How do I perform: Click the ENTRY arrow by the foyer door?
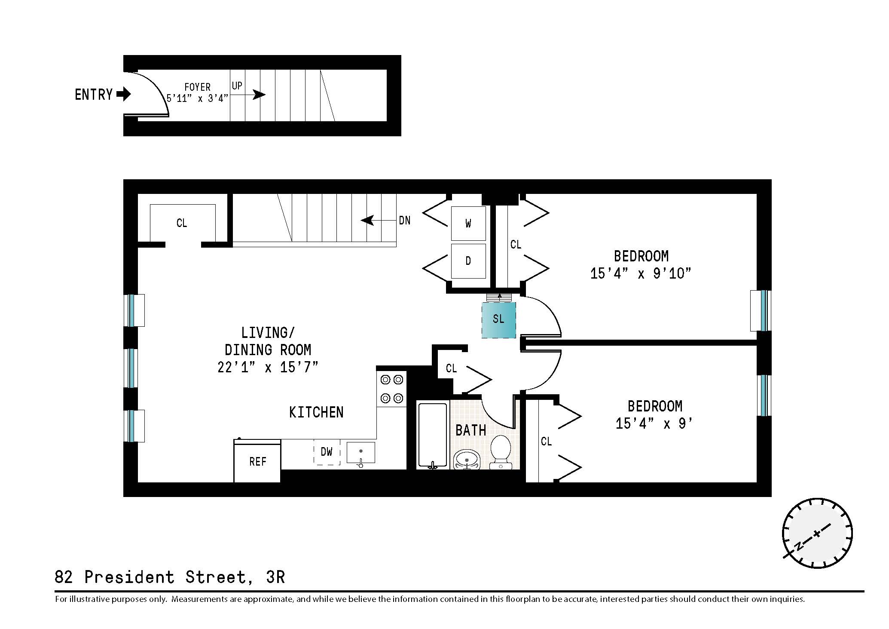[124, 94]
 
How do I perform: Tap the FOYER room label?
[197, 87]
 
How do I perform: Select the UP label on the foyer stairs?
[237, 86]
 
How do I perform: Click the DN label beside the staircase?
[404, 221]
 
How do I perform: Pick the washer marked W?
[468, 223]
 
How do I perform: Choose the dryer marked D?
[468, 261]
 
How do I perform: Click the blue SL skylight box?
[498, 320]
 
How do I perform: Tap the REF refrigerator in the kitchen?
[257, 461]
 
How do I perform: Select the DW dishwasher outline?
[327, 452]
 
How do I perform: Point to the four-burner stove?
[391, 389]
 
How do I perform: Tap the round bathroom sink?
[467, 459]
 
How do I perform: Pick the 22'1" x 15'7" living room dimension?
[268, 367]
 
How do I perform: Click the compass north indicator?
[798, 546]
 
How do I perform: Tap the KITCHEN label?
[316, 412]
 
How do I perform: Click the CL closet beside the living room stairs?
[182, 223]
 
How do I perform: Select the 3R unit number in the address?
[275, 577]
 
